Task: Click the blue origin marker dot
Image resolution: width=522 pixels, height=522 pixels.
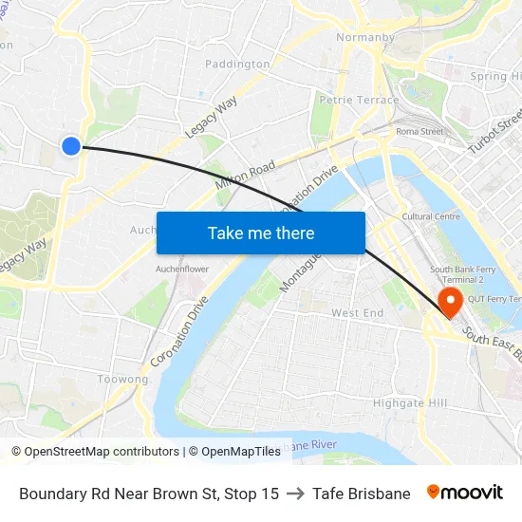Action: (x=71, y=145)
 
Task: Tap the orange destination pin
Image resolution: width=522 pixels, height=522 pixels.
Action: (x=449, y=302)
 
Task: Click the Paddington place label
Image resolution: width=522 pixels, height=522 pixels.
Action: (x=237, y=65)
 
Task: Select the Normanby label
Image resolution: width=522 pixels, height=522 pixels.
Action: (x=365, y=39)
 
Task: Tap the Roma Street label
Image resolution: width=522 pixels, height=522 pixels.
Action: (x=419, y=131)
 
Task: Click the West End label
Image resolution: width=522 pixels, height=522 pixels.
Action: (x=357, y=313)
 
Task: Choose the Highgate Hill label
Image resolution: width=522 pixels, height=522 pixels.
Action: (x=410, y=402)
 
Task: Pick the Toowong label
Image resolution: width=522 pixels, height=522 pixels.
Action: (x=123, y=380)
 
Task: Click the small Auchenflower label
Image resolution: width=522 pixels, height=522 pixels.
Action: (x=182, y=269)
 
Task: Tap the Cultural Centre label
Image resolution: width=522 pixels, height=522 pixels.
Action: (x=431, y=216)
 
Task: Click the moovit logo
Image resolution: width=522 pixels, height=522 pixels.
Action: (x=465, y=493)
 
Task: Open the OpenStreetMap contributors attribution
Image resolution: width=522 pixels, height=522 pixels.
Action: (x=95, y=452)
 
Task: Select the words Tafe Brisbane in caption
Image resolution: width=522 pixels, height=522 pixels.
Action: (x=362, y=494)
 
